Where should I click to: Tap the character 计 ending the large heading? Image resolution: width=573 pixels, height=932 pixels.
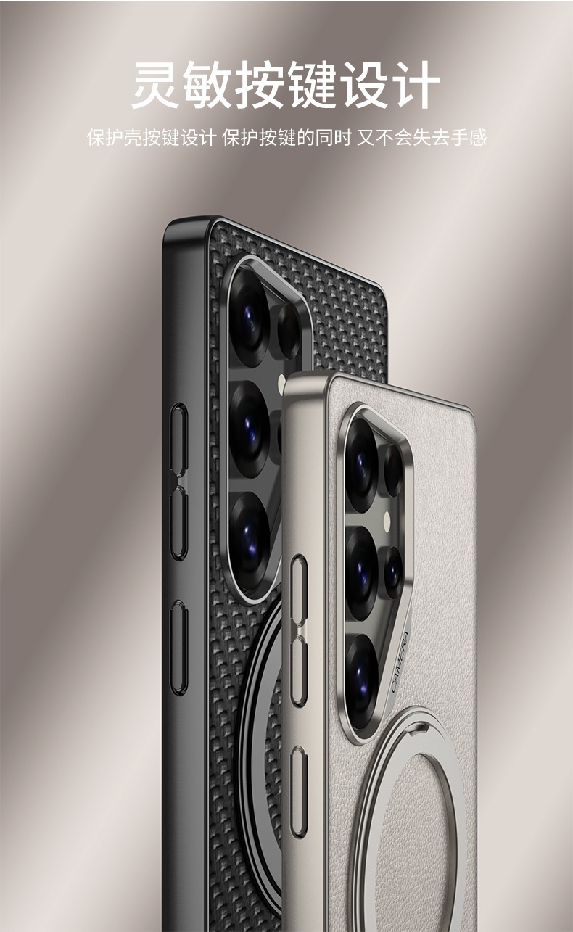[x=416, y=84]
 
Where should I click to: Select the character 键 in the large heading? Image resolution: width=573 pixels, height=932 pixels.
[x=312, y=84]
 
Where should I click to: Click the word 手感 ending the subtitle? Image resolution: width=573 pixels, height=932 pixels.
[x=469, y=137]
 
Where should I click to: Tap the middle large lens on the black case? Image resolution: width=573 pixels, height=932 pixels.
[x=249, y=429]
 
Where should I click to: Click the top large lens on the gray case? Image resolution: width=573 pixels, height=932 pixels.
[x=361, y=465]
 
